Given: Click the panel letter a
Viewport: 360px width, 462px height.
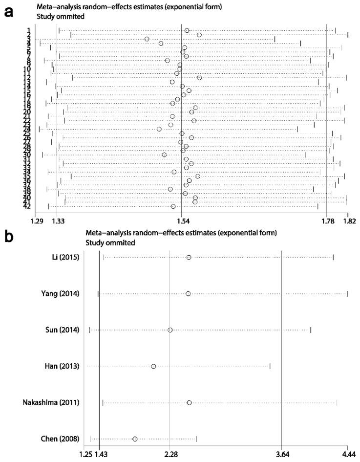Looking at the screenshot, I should (x=8, y=11).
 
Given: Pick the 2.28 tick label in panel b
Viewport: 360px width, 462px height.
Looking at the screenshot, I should (x=169, y=455).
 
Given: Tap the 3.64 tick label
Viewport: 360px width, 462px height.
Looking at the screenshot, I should (x=281, y=455).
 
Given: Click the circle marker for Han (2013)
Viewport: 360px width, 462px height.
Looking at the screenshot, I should (x=154, y=366).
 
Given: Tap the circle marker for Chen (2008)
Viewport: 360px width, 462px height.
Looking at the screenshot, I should (x=135, y=439).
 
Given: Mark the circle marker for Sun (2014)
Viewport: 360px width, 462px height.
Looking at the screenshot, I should (x=170, y=330).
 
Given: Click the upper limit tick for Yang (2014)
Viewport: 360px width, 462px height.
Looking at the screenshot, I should (x=347, y=293).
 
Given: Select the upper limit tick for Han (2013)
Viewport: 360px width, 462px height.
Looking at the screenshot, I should (x=270, y=366).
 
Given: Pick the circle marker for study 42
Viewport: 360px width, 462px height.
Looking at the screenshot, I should (x=173, y=206).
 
